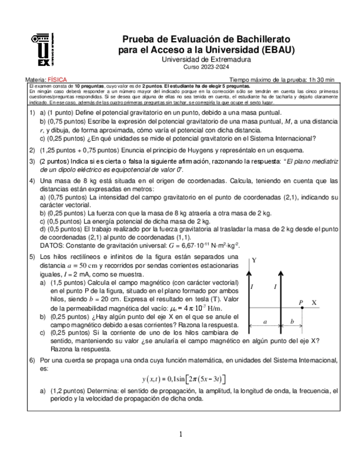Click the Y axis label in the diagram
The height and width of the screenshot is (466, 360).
point(254,260)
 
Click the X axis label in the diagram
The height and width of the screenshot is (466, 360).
point(314,303)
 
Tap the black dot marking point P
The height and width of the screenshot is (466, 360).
point(301,309)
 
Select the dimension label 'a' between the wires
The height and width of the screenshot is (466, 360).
point(265,321)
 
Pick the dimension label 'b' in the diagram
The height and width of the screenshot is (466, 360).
point(291,321)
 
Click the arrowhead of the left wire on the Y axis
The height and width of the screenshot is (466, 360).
point(251,272)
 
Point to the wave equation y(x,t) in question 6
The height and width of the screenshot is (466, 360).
point(183,379)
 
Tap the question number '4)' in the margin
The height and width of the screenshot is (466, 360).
point(32,181)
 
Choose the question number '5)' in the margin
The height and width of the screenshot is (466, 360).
point(32,257)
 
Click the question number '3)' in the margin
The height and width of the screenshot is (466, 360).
point(32,162)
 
